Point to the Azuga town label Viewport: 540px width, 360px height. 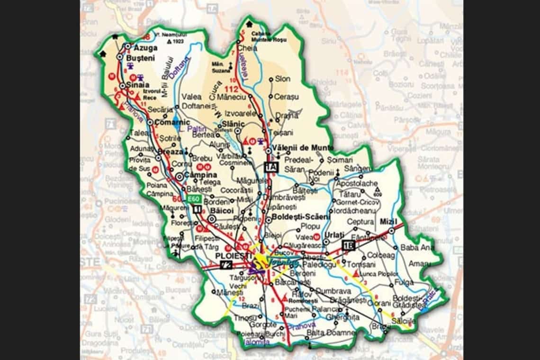tap(144, 48)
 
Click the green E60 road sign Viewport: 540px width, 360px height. tap(193, 199)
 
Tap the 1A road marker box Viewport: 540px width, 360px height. tap(270, 167)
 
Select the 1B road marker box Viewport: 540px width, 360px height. tap(348, 245)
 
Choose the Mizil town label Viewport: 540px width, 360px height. tap(389, 222)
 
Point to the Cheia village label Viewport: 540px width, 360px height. tap(248, 48)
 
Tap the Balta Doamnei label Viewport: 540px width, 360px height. tap(331, 333)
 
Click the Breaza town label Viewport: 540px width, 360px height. tap(172, 152)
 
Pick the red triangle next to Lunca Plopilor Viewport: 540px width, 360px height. tap(356, 273)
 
